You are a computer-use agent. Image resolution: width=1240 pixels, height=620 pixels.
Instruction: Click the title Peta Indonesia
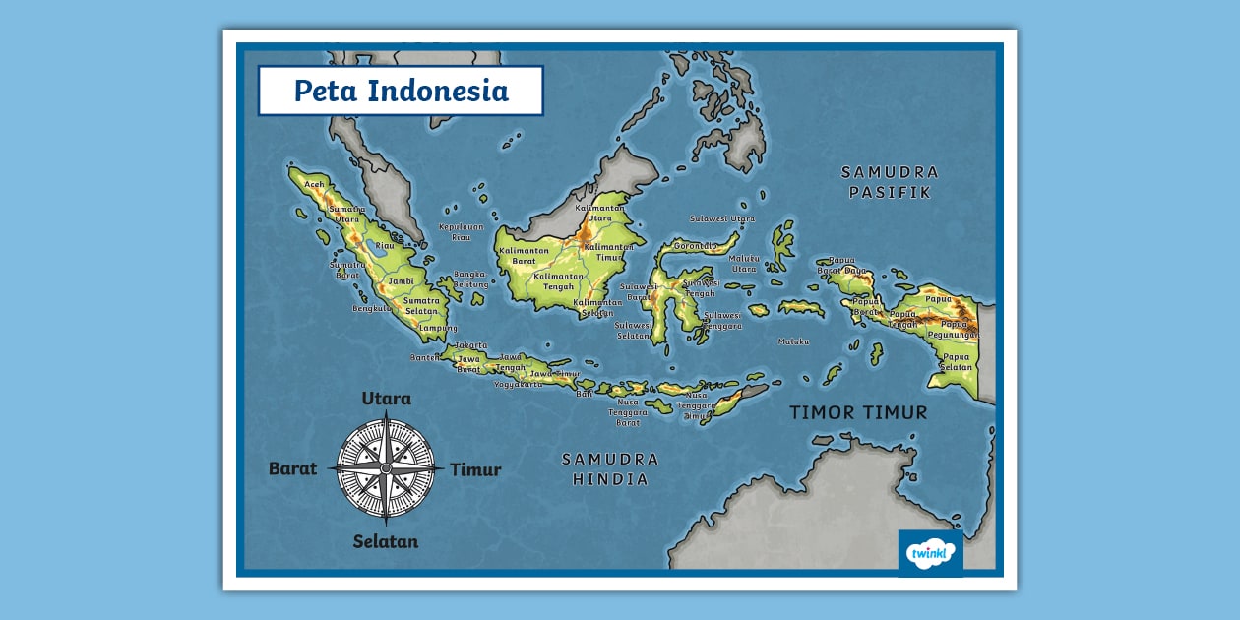click(401, 91)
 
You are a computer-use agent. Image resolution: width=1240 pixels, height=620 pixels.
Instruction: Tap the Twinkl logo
click(931, 553)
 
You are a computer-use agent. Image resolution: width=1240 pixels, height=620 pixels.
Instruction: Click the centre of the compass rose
click(386, 468)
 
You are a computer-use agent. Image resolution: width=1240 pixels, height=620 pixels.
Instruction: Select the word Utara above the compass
click(386, 399)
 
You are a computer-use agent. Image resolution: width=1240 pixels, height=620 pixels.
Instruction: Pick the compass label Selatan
click(386, 541)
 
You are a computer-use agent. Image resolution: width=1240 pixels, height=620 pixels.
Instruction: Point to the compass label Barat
click(293, 468)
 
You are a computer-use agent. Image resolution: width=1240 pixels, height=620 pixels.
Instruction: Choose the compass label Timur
click(475, 469)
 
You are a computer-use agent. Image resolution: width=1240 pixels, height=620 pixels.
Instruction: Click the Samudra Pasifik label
click(890, 182)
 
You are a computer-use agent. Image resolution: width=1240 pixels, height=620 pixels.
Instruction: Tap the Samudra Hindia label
click(610, 469)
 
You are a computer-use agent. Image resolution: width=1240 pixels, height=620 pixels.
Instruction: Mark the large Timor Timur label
click(858, 412)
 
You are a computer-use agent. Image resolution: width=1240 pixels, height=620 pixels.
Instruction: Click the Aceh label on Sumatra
click(314, 184)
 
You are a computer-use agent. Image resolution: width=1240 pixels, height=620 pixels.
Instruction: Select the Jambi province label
click(401, 280)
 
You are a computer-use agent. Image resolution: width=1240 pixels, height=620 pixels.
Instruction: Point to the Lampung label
click(438, 328)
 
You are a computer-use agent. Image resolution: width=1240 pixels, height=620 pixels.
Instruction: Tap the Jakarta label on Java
click(471, 345)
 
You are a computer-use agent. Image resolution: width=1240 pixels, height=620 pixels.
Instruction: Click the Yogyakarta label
click(518, 384)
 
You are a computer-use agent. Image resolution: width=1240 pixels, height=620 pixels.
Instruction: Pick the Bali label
click(585, 393)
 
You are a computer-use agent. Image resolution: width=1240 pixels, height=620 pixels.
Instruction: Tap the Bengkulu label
click(372, 308)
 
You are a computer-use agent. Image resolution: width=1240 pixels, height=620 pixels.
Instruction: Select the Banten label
click(425, 357)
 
